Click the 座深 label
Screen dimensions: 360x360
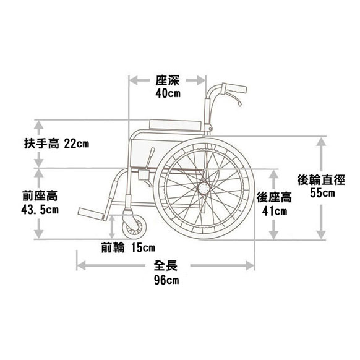pos(167,80)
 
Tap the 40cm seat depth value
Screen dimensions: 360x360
pos(168,93)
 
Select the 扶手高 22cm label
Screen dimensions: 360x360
pos(56,144)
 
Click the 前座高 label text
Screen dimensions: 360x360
pos(40,196)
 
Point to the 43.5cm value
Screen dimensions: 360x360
pos(40,210)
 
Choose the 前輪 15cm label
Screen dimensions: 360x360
pos(128,247)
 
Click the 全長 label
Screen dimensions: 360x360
pos(166,265)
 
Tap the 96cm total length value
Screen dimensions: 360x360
pos(166,280)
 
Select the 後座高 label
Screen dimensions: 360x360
pos(274,197)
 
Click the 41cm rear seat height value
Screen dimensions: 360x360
pos(275,211)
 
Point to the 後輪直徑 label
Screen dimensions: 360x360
pos(321,179)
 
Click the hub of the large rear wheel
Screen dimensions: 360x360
pos(204,188)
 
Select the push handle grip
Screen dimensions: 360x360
pos(234,88)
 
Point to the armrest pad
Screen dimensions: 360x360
pos(176,124)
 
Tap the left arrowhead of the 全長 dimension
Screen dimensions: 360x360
pos(81,265)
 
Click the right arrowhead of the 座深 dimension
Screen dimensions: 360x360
pos(201,80)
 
